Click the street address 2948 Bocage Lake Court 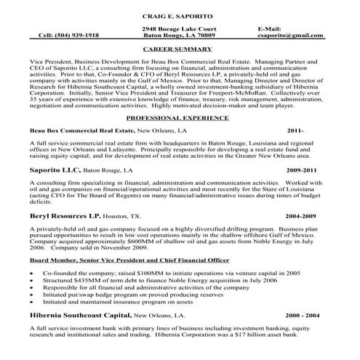point(179,28)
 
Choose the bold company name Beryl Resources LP point(65,216)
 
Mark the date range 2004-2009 point(300,217)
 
